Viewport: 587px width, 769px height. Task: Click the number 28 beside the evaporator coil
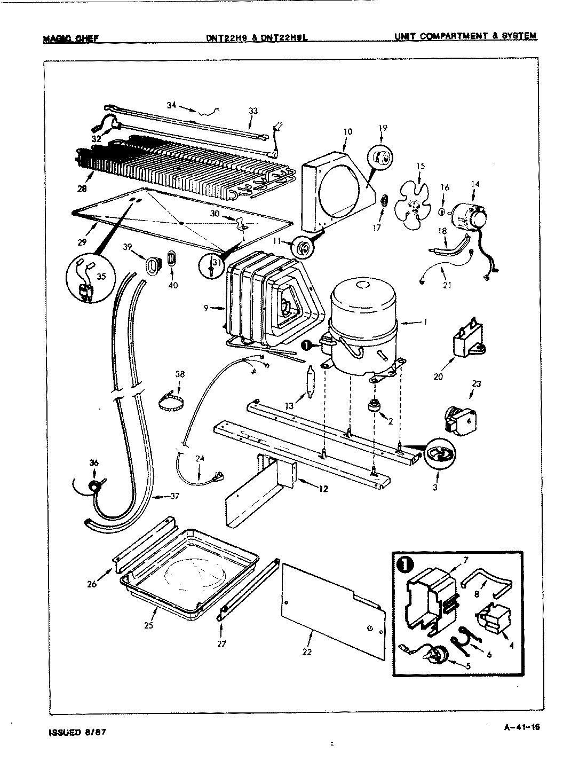click(x=82, y=188)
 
